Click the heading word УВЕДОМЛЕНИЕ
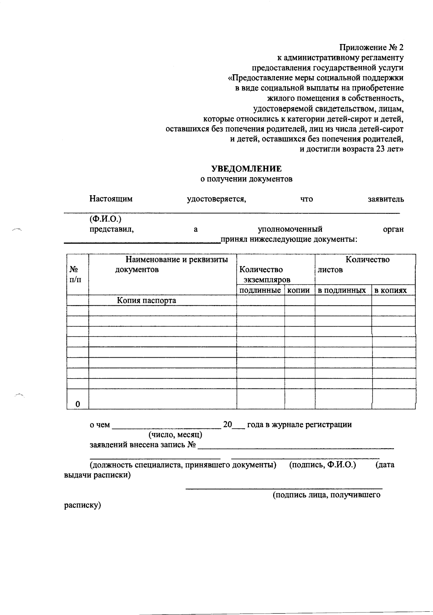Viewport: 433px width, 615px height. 246,169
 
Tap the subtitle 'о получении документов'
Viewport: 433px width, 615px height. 246,179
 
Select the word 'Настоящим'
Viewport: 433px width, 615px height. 111,199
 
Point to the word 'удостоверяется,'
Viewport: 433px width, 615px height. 216,199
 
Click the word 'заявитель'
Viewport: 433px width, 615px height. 385,199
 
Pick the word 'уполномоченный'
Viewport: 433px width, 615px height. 290,229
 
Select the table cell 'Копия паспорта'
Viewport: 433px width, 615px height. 146,300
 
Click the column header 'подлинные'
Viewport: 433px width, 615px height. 260,290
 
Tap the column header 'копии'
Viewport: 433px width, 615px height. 299,290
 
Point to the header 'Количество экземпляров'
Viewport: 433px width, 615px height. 265,275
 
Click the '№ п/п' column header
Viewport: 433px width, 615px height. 75,274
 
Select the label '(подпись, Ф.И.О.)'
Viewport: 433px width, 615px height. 323,465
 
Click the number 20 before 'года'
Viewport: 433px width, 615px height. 227,424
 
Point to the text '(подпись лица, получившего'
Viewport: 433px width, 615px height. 326,495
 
